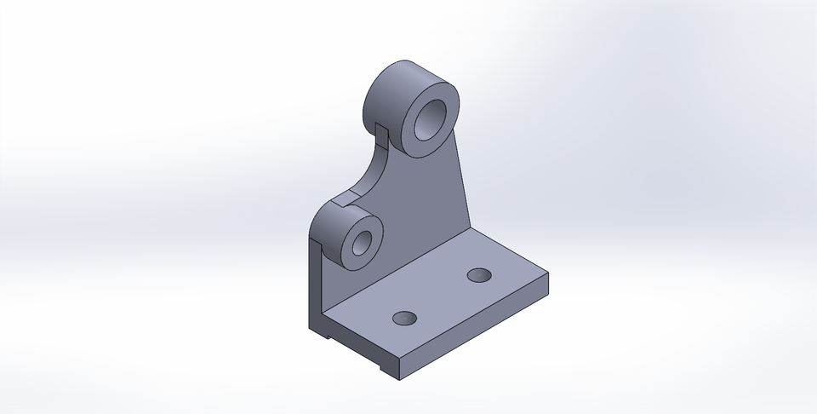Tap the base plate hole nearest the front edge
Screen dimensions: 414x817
pyautogui.click(x=405, y=319)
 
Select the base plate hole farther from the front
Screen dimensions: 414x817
pyautogui.click(x=480, y=275)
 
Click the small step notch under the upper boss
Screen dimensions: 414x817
pyautogui.click(x=382, y=132)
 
